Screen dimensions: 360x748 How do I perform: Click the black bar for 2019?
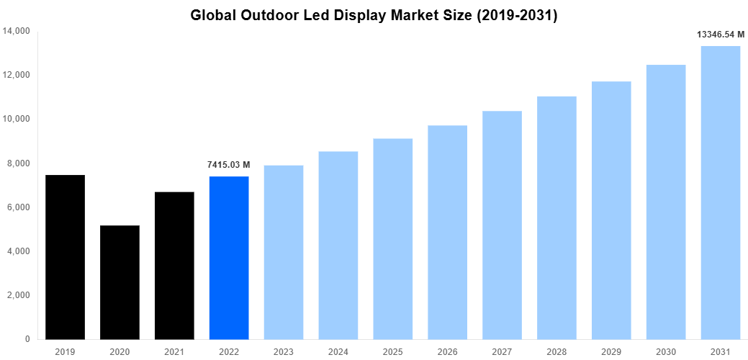[x=65, y=257]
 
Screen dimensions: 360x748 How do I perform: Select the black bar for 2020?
[x=120, y=282]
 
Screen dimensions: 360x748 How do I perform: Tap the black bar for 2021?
[x=174, y=266]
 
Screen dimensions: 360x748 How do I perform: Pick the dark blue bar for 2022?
[x=229, y=258]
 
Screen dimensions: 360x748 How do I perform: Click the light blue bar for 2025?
[x=392, y=239]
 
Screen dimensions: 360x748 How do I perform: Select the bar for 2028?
[x=557, y=217]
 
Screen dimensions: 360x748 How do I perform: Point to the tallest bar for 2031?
[x=720, y=192]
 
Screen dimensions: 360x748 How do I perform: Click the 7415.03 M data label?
[x=229, y=165]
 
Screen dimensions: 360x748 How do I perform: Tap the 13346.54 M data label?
[x=720, y=34]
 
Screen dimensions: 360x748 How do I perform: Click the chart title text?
[x=374, y=15]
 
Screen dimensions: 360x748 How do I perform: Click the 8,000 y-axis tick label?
[x=19, y=163]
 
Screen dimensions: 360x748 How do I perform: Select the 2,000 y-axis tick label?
[x=19, y=295]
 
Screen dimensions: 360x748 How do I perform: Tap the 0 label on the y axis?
[x=27, y=339]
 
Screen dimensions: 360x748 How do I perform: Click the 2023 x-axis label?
[x=284, y=351]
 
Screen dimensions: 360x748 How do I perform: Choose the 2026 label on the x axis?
[x=447, y=351]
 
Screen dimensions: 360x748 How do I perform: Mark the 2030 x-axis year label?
[x=665, y=351]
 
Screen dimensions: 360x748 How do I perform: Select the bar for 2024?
[x=338, y=246]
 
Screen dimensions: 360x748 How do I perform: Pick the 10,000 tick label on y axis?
[x=17, y=119]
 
